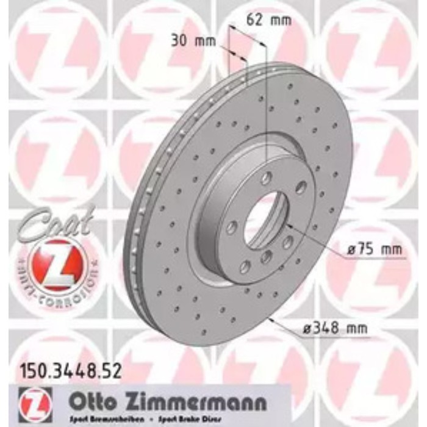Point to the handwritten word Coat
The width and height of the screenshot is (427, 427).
[55, 221]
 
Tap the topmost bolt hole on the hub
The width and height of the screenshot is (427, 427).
[267, 178]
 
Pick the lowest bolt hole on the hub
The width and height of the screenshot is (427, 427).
[245, 267]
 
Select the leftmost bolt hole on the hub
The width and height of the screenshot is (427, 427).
[232, 228]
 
